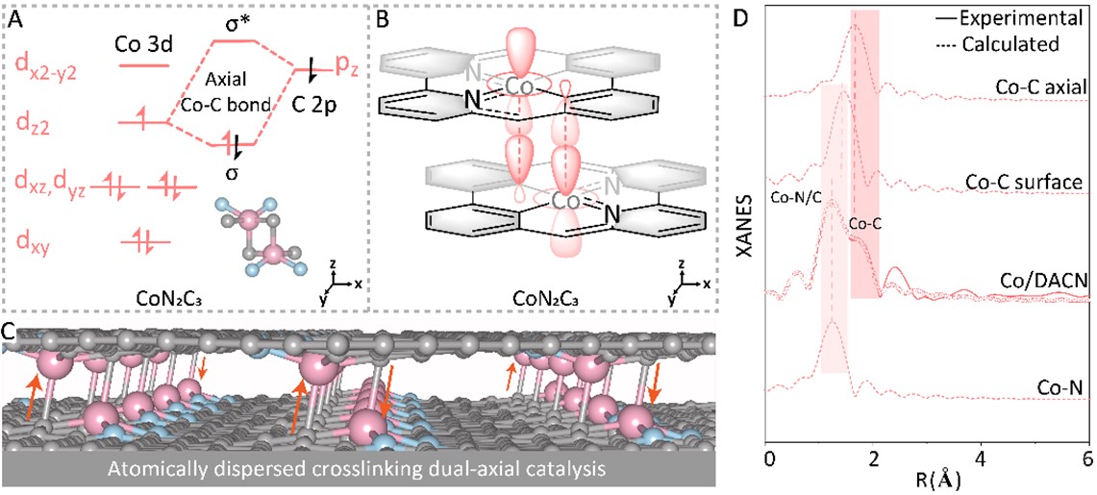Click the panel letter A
[16, 17]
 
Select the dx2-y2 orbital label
[47, 64]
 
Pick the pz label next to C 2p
[347, 64]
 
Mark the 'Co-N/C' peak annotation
[795, 195]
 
